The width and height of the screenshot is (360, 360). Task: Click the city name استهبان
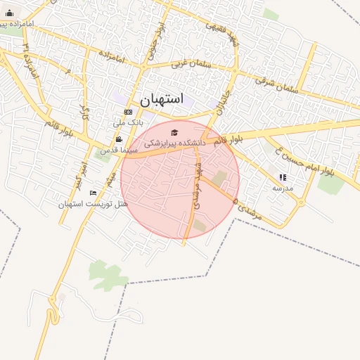[x=161, y=99]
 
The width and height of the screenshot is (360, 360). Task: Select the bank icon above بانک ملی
[x=128, y=112]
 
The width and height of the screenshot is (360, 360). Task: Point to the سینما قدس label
[x=112, y=150]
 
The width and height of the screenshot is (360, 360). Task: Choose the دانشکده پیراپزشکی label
[x=175, y=143]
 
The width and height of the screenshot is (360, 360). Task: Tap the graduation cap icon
[x=174, y=131]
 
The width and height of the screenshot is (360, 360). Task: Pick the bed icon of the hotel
[x=94, y=193]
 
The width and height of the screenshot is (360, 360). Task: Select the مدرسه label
[x=283, y=188]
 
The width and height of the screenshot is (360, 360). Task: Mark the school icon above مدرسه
[x=283, y=177]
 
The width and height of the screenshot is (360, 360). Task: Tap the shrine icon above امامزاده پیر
[x=9, y=13]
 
